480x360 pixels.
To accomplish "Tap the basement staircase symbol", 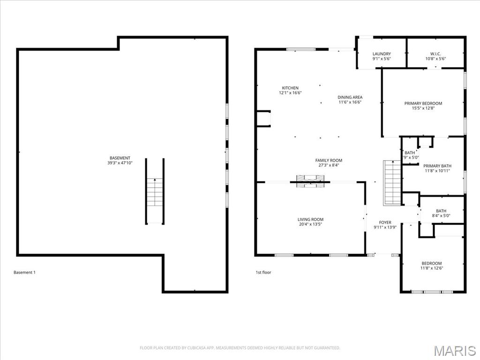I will pos(154,192).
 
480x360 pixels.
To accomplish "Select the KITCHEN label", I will pos(290,88).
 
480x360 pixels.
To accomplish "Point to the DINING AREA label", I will pos(350,97).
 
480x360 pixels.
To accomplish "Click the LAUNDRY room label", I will pos(382,54).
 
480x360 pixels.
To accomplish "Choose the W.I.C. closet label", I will pos(435,54).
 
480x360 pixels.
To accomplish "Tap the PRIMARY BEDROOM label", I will pos(423,104).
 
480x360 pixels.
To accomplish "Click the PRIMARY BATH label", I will pos(437,166).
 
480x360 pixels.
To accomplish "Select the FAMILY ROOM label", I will pos(329,160).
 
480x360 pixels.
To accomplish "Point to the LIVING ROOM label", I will pos(310,219).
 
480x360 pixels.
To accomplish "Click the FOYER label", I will pos(385,223).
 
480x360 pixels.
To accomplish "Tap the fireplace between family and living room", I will pos(310,181).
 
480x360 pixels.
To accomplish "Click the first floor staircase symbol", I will pos(392,183).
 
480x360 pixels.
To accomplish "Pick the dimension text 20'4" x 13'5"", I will pos(310,225).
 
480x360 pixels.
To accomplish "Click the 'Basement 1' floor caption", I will pos(24,272).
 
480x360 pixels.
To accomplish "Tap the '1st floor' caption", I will pos(263,272).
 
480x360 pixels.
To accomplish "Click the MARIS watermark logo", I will pos(454,350).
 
